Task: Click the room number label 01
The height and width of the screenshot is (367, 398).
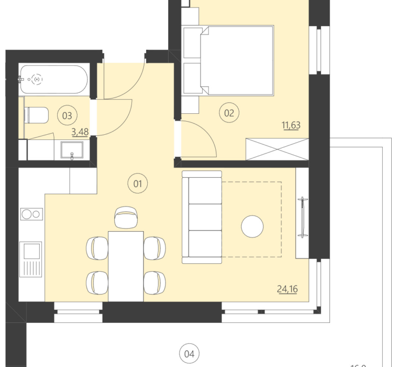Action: pos(138,183)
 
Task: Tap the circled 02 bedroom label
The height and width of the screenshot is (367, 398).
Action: pos(228,112)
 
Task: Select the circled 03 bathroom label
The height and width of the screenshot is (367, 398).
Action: pos(67,114)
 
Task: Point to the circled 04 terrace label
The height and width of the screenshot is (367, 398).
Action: pos(189,354)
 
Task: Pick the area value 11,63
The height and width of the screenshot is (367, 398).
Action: pos(291,125)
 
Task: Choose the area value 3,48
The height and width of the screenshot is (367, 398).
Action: pos(80,132)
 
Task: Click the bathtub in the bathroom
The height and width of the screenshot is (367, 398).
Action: pos(54,80)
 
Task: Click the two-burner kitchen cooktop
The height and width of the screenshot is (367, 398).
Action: pos(31,214)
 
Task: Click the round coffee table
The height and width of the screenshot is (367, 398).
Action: pos(252,226)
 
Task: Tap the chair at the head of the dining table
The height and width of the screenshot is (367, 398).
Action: pos(126,217)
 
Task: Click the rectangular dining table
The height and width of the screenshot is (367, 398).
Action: pos(126,265)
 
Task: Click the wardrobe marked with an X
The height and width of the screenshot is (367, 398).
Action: pos(277,148)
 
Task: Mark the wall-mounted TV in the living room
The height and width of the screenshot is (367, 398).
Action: pos(302,217)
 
